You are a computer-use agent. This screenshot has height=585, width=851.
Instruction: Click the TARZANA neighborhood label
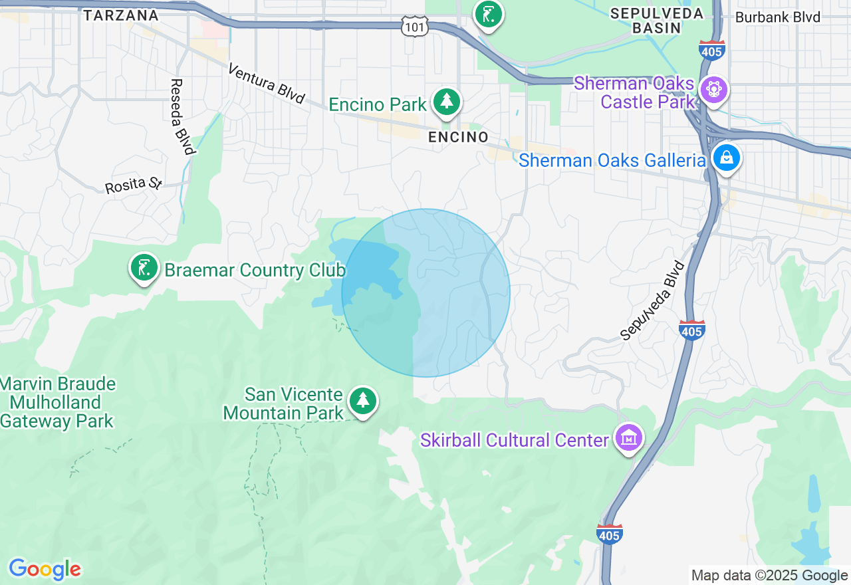pyautogui.click(x=121, y=15)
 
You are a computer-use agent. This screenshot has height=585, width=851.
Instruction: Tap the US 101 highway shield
pyautogui.click(x=415, y=27)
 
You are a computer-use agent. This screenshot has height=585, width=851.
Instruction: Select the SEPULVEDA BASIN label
pyautogui.click(x=656, y=21)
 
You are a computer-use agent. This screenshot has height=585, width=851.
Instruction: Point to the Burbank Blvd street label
pyautogui.click(x=777, y=17)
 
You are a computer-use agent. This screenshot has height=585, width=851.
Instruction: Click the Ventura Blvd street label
pyautogui.click(x=266, y=84)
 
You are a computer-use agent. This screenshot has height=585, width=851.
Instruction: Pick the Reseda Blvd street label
pyautogui.click(x=182, y=116)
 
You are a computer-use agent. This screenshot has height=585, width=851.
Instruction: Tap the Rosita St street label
pyautogui.click(x=133, y=185)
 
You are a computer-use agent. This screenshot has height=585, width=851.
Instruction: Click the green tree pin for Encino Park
pyautogui.click(x=447, y=102)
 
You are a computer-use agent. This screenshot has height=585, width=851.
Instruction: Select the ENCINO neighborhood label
pyautogui.click(x=458, y=137)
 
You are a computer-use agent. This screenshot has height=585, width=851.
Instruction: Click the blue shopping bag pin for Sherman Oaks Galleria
pyautogui.click(x=727, y=158)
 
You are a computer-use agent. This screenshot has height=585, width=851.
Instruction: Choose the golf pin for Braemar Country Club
pyautogui.click(x=144, y=268)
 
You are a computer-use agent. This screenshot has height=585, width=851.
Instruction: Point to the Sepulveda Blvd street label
pyautogui.click(x=652, y=300)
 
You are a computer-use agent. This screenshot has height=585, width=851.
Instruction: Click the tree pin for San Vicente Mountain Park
pyautogui.click(x=363, y=401)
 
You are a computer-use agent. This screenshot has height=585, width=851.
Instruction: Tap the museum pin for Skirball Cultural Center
pyautogui.click(x=628, y=438)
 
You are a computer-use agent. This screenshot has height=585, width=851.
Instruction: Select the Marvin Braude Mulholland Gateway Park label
pyautogui.click(x=59, y=403)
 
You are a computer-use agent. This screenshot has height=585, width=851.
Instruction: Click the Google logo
pyautogui.click(x=45, y=569)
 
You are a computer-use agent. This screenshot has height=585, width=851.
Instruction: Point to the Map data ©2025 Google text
pyautogui.click(x=769, y=576)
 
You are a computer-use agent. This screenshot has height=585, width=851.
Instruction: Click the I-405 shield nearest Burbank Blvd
pyautogui.click(x=711, y=50)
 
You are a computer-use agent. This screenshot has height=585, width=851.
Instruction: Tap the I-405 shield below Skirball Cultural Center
pyautogui.click(x=609, y=534)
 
